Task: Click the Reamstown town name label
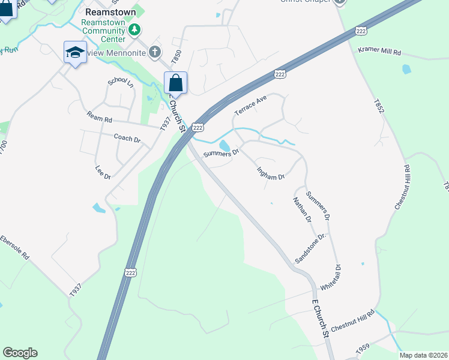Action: pos(110,12)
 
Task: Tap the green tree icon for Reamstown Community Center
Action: pos(136,28)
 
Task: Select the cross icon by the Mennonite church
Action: pos(155,52)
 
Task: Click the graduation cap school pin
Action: pos(75,52)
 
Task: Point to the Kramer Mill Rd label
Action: pos(379,51)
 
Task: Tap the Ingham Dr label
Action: pos(270,173)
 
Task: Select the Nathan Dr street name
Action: pos(303,209)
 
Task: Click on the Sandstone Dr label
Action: pos(310,248)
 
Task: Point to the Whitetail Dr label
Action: pos(330,277)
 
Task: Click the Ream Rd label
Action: pos(99,117)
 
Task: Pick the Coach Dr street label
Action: pos(127,139)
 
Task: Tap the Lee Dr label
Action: pos(103,173)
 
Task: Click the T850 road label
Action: pos(176,58)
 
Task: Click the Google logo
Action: pos(20,353)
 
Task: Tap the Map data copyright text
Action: pos(423,355)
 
